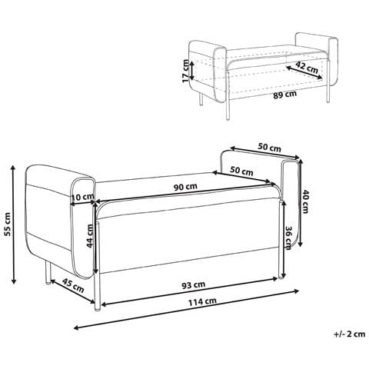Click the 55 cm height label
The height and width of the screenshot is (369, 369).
point(8,224)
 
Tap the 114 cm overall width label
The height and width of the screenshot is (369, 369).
point(202,302)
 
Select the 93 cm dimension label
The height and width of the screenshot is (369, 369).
point(193,285)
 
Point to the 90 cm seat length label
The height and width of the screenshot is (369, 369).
point(185,187)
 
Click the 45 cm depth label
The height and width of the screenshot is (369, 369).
point(74,286)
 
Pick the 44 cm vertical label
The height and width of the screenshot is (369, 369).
point(89,236)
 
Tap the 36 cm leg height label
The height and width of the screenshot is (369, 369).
point(288,238)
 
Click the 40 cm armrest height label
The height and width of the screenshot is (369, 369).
point(305,201)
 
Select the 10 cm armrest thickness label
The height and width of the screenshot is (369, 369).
point(82,198)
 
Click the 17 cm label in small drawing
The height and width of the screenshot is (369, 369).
point(185,71)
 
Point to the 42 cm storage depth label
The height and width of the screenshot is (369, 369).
point(307,67)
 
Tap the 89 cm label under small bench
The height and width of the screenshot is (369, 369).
point(284,95)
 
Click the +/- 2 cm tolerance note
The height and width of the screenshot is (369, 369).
point(350,334)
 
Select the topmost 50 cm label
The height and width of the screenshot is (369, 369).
point(269,148)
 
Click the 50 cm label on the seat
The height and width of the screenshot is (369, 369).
point(241,171)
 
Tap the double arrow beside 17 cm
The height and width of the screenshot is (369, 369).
point(192,71)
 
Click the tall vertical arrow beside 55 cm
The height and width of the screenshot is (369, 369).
point(14,224)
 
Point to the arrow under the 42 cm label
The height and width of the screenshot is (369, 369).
point(304,72)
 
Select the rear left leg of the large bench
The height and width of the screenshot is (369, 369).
point(48,272)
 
